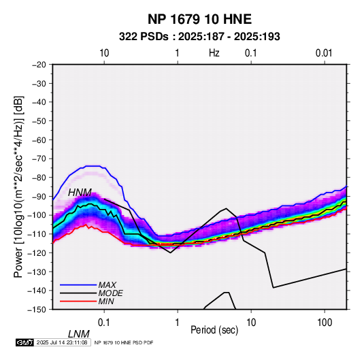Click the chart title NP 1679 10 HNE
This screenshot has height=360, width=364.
(199, 19)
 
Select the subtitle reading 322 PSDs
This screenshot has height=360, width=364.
(144, 37)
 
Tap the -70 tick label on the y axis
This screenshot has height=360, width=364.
(39, 159)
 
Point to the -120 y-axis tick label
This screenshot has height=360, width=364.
(37, 252)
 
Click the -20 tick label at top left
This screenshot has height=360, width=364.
(39, 65)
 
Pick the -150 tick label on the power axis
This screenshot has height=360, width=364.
(37, 310)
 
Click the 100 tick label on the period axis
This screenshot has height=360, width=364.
(325, 323)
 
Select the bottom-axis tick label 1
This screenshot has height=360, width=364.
(178, 323)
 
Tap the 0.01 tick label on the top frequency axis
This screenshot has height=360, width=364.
(324, 53)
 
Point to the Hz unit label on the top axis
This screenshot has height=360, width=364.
(214, 53)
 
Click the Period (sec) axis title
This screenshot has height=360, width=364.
(214, 330)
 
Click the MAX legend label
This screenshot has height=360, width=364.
(107, 284)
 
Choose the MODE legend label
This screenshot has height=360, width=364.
(110, 293)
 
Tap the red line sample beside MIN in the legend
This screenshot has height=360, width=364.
(78, 301)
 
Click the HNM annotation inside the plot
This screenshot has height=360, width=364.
(80, 193)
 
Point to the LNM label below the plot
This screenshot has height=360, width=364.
(79, 334)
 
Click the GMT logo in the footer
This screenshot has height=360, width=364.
(25, 342)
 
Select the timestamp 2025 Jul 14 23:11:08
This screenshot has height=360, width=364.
(62, 342)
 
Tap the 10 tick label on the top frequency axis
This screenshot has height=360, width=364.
(104, 53)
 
